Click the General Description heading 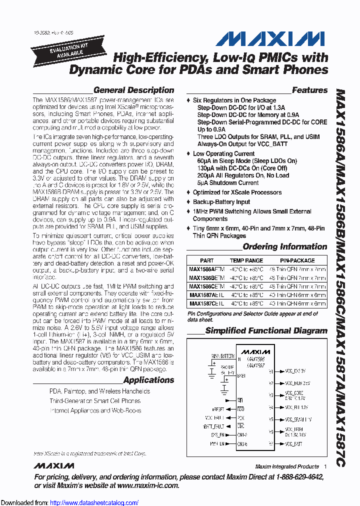[133, 90]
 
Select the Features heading [309, 90]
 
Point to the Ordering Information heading [285, 246]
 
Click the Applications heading [148, 380]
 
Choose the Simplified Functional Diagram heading [266, 330]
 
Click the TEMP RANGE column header [246, 260]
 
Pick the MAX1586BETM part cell [206, 277]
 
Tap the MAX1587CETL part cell [206, 303]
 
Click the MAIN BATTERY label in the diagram [224, 356]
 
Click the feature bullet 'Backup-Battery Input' [221, 202]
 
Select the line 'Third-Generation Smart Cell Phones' [95, 400]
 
